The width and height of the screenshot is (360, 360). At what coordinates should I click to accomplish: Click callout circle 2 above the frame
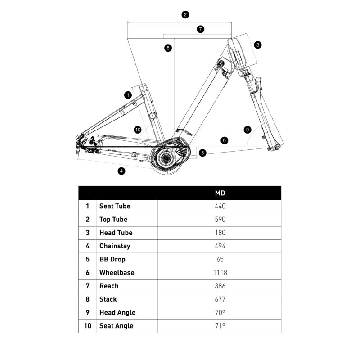coord(185,14)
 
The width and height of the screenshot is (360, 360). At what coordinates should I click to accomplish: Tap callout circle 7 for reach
coord(201,29)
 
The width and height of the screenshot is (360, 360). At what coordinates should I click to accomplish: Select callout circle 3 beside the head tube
coord(257,45)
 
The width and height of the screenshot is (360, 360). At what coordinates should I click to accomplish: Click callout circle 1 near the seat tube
coord(128,95)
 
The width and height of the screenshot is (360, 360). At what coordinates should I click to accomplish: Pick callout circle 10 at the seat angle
coord(138,130)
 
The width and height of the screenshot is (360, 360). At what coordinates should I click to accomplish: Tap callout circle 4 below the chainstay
coord(121,171)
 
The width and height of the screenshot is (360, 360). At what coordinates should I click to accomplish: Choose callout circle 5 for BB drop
coord(202,153)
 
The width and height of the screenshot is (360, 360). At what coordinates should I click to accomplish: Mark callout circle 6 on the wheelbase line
coord(225,140)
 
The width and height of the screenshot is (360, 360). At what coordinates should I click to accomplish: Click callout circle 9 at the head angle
coord(247,130)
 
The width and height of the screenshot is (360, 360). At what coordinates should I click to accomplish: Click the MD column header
coord(220,193)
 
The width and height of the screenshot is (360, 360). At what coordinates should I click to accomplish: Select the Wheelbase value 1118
coord(220,273)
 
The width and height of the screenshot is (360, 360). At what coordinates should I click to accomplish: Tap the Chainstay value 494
coord(220,246)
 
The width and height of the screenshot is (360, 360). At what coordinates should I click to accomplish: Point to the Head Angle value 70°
coord(220,313)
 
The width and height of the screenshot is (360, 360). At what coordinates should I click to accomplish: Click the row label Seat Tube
coord(115,206)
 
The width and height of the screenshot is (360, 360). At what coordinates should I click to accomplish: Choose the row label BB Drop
coord(112,259)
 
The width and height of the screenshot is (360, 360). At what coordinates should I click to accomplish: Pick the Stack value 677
coord(220,299)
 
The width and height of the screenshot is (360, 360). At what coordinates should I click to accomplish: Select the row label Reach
coord(109,286)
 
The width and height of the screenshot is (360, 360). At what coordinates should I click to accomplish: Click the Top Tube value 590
coord(220,220)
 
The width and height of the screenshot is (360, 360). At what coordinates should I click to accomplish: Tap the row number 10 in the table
coord(87,326)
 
